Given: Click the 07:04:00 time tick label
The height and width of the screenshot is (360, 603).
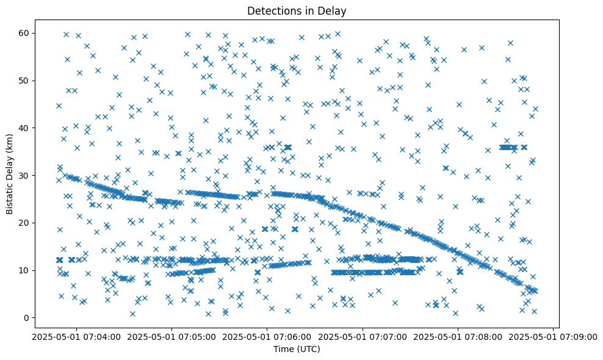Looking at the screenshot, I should (x=76, y=336).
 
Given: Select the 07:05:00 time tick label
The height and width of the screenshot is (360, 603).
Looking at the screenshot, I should (x=172, y=336).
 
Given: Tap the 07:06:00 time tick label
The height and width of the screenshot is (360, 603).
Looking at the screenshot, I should (x=267, y=336).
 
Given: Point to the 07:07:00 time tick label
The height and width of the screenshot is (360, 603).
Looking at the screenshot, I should (x=363, y=336).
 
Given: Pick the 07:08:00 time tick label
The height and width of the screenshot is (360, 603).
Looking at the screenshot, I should (x=458, y=336).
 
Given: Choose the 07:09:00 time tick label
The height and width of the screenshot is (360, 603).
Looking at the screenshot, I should (x=553, y=336).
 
